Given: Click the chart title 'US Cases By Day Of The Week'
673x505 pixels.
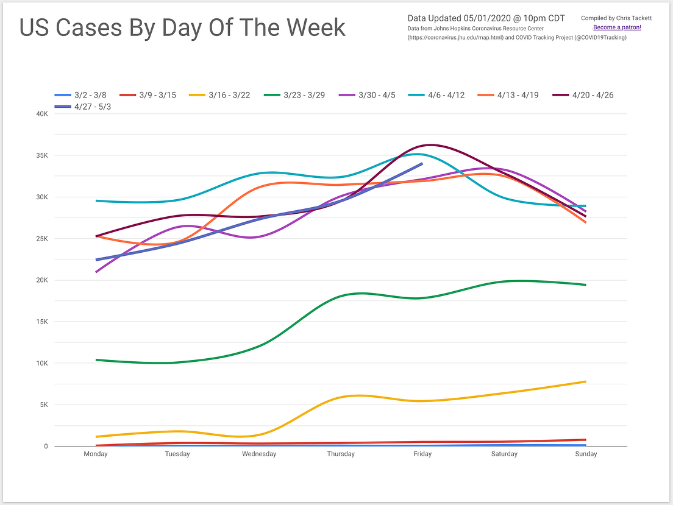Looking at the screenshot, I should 183,27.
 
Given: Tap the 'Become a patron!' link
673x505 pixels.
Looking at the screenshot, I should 617,27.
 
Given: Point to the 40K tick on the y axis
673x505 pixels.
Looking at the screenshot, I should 41,114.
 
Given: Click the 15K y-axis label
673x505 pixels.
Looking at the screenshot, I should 41,322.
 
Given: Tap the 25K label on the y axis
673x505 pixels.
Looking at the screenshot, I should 41,239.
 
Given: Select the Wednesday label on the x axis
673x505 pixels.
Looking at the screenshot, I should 259,454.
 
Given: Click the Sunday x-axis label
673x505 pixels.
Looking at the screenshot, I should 586,454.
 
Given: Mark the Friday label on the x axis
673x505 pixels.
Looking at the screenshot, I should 422,454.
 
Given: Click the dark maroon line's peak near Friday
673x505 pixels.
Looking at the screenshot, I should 430,145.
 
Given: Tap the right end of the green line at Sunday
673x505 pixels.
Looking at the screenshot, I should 586,284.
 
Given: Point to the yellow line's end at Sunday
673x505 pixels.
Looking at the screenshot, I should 586,381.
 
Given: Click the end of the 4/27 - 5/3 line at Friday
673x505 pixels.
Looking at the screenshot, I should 422,163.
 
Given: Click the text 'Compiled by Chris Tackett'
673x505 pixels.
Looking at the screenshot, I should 616,18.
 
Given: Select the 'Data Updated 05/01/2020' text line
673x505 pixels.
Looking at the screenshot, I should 486,18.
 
